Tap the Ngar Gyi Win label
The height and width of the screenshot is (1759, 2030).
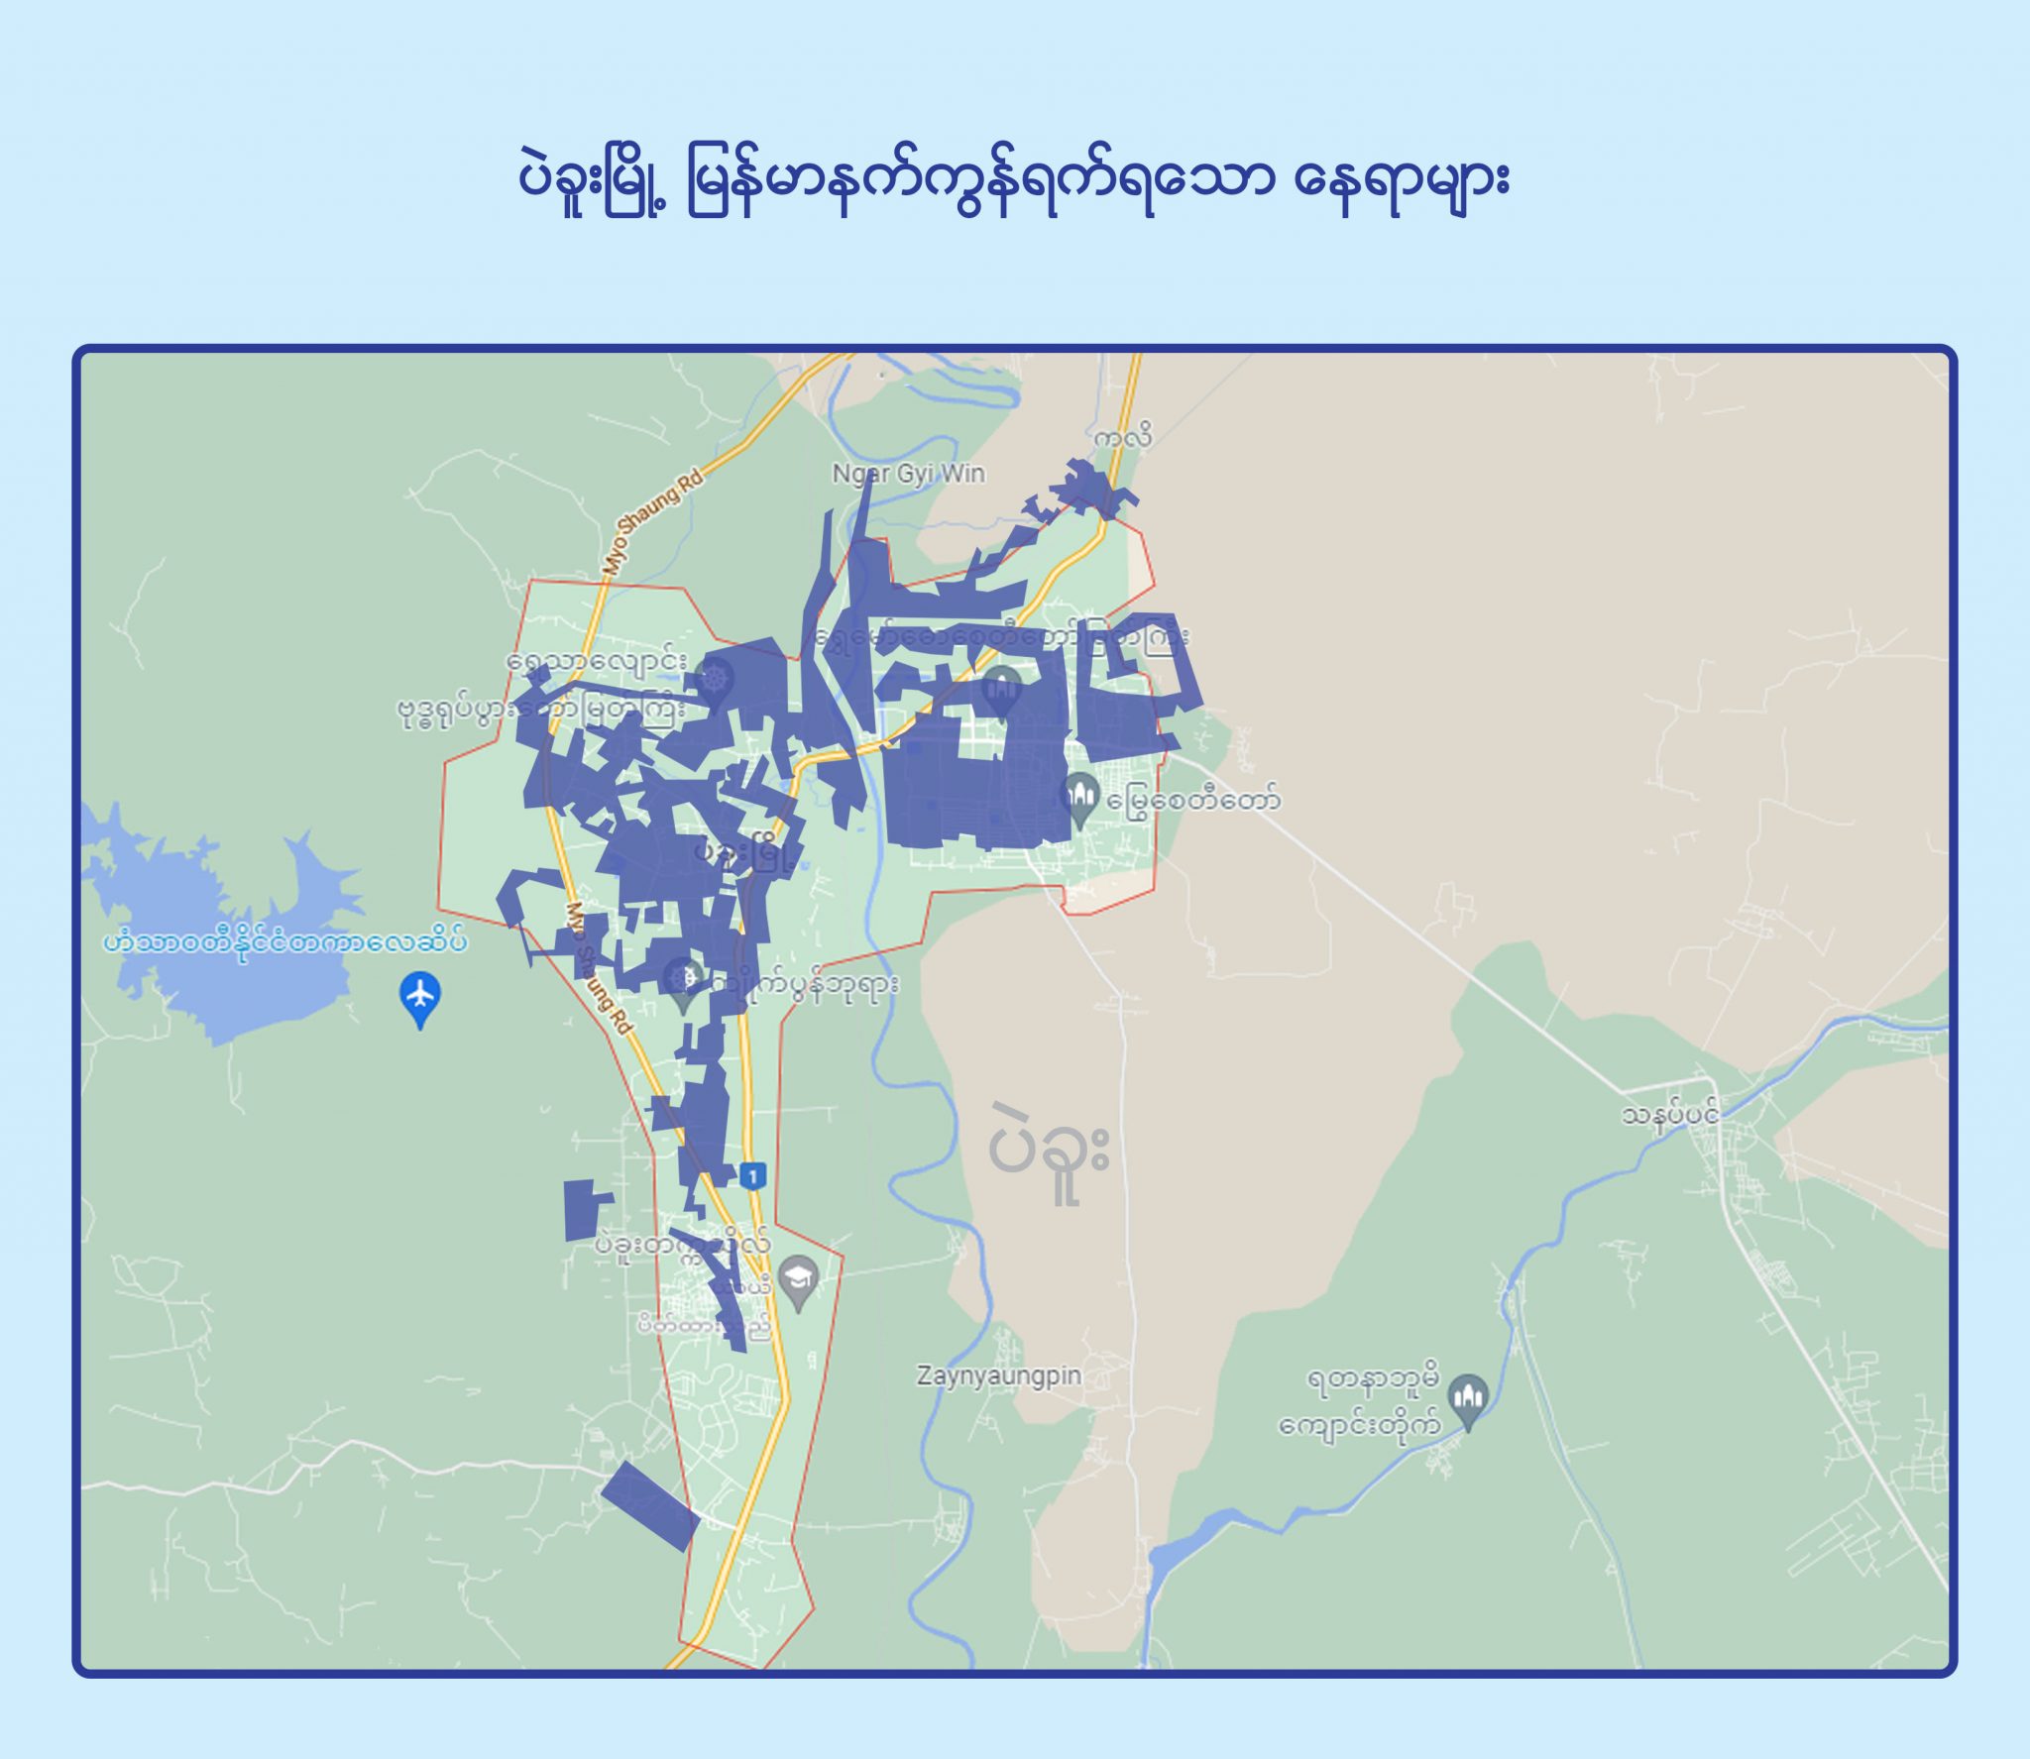click(x=908, y=474)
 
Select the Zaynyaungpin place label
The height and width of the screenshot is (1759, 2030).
click(x=998, y=1375)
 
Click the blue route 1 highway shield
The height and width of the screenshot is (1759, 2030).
click(x=753, y=1176)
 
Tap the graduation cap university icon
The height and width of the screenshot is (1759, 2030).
click(x=798, y=1280)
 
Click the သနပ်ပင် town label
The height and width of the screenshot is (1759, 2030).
click(x=1669, y=1116)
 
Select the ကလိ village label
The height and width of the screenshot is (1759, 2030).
click(x=1123, y=437)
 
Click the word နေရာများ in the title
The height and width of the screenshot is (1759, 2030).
click(x=1401, y=181)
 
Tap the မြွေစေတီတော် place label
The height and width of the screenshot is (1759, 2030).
click(x=1193, y=799)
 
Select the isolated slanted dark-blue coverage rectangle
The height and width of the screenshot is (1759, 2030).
click(x=649, y=1505)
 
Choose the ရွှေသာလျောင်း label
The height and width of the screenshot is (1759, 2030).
click(x=597, y=660)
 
